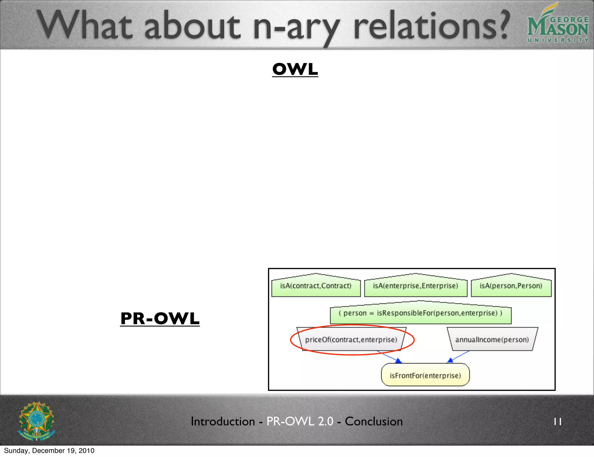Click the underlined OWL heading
click(295, 69)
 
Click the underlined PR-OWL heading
click(160, 318)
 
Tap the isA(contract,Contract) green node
click(316, 286)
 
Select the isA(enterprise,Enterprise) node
click(415, 286)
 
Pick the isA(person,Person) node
click(511, 286)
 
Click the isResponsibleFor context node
click(420, 313)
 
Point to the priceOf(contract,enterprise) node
click(351, 340)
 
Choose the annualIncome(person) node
click(492, 340)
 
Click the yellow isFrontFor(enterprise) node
click(425, 376)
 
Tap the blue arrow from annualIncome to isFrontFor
click(458, 357)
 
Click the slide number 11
click(557, 422)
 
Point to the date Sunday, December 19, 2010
click(49, 451)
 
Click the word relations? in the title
click(431, 26)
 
